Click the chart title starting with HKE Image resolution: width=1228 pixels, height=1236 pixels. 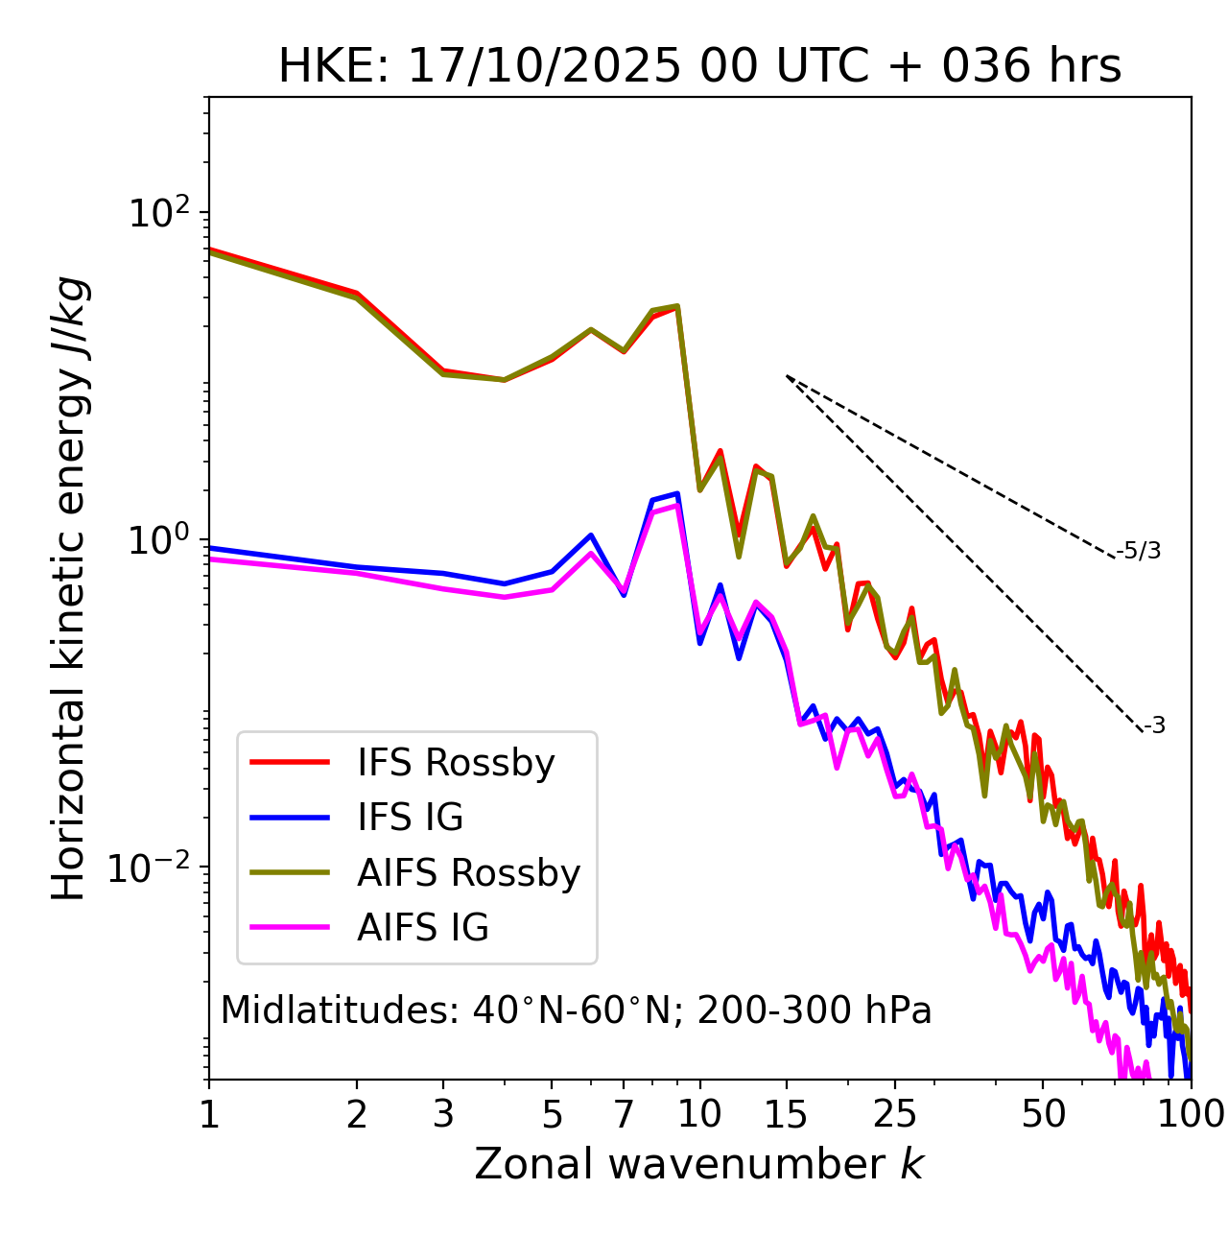tap(699, 67)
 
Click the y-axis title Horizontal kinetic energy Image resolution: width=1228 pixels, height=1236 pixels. tap(70, 588)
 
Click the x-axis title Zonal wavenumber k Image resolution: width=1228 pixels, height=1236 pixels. tap(699, 1164)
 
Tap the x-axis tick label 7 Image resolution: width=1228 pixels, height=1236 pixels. tap(624, 1114)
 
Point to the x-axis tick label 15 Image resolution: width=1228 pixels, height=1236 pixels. tap(786, 1114)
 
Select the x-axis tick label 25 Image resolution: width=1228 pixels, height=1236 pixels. tap(895, 1114)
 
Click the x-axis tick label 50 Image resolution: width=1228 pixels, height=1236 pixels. tap(1043, 1114)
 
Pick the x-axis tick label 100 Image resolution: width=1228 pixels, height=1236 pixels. tap(1191, 1114)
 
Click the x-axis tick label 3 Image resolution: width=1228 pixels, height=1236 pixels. tap(442, 1114)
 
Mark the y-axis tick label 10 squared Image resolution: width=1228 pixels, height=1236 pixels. tap(160, 213)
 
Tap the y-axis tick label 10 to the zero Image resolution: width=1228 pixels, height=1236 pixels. tap(160, 540)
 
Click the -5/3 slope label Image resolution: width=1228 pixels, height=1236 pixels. tap(1139, 551)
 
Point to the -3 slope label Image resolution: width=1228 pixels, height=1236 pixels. tap(1154, 726)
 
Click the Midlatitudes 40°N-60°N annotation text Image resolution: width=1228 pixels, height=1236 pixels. tap(576, 1010)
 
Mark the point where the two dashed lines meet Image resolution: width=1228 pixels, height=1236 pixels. tap(787, 375)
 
